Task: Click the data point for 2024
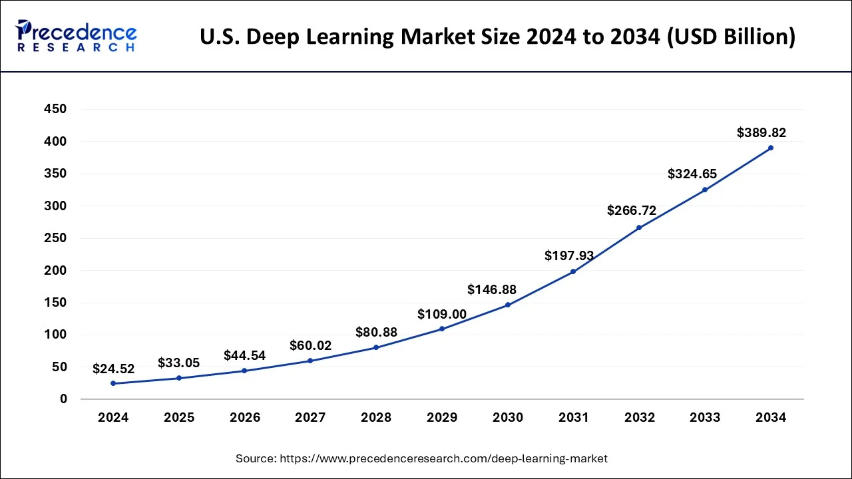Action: (x=113, y=383)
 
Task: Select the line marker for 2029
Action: (x=441, y=329)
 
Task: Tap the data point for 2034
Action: (x=771, y=148)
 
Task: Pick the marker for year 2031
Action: (x=573, y=271)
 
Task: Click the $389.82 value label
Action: (x=761, y=133)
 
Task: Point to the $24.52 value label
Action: (x=113, y=368)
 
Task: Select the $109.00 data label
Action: (x=442, y=314)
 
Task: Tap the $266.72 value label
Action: (x=632, y=211)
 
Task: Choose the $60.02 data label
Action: (x=310, y=346)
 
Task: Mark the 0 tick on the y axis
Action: (x=63, y=399)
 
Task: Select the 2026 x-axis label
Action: (x=245, y=418)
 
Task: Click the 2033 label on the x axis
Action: (x=705, y=418)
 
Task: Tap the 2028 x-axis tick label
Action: (x=376, y=418)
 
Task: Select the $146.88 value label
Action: (x=492, y=289)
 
